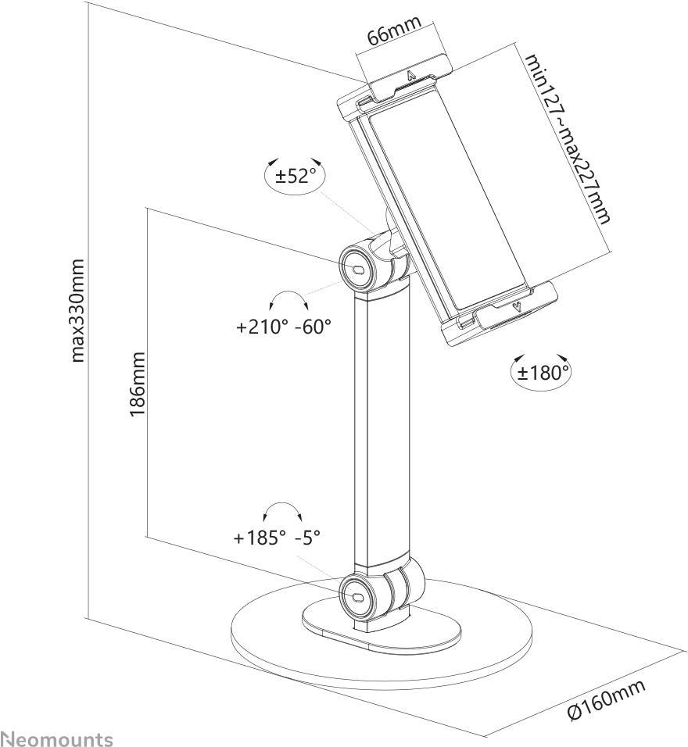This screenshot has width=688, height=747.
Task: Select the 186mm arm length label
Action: pyautogui.click(x=137, y=384)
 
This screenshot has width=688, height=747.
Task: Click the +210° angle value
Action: pyautogui.click(x=262, y=327)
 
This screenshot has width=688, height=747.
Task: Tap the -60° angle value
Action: pyautogui.click(x=313, y=327)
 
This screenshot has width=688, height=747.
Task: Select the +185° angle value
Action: pyautogui.click(x=260, y=538)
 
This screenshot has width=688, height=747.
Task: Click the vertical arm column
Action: pyautogui.click(x=381, y=430)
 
